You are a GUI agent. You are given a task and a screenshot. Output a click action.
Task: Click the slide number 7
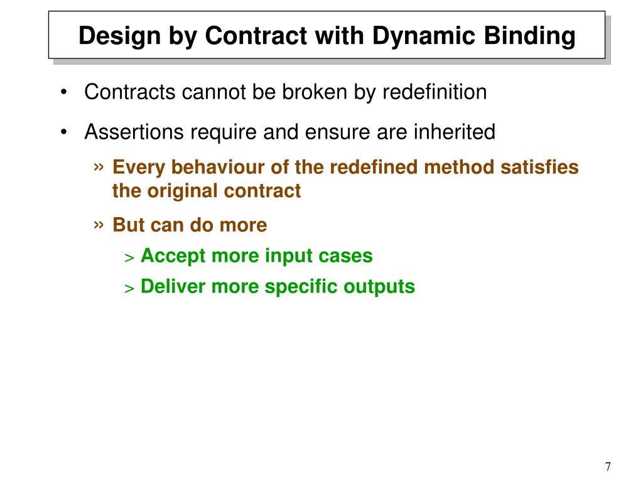pos(608,466)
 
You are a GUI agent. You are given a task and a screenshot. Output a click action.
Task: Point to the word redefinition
pos(435,92)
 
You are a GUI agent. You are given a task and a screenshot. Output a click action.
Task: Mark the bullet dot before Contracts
pos(65,93)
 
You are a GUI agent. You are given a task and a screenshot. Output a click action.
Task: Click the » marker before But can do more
pos(99,224)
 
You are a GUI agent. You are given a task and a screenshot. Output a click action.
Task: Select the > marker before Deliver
pos(129,288)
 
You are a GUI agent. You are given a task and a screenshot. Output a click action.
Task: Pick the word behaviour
pos(211,168)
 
